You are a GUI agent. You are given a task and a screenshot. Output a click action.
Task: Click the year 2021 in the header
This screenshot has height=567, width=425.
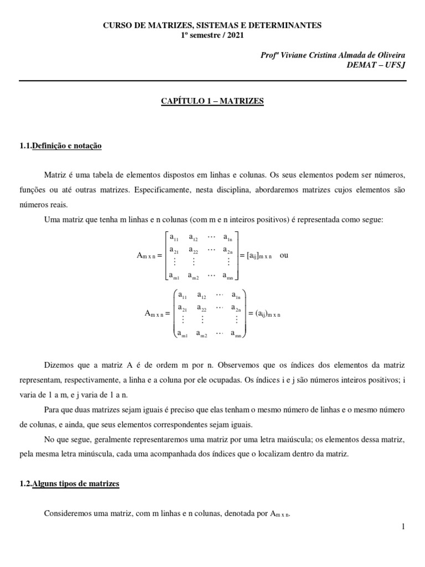tap(234, 35)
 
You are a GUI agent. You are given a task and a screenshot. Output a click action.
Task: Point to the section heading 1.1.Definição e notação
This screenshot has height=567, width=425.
tap(60, 146)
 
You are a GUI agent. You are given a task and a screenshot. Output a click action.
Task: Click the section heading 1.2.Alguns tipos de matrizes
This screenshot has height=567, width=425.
tap(69, 483)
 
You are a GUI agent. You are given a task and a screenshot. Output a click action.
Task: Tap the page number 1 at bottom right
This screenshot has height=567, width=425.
tap(404, 527)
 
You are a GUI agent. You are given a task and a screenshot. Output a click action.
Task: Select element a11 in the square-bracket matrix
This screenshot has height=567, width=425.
tap(174, 238)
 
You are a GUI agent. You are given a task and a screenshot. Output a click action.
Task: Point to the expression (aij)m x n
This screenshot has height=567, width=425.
tap(265, 313)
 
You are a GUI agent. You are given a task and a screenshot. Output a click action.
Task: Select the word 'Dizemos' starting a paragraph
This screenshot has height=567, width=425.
tap(59, 365)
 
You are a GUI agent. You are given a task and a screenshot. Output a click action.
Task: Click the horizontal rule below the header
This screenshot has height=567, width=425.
tap(212, 80)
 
